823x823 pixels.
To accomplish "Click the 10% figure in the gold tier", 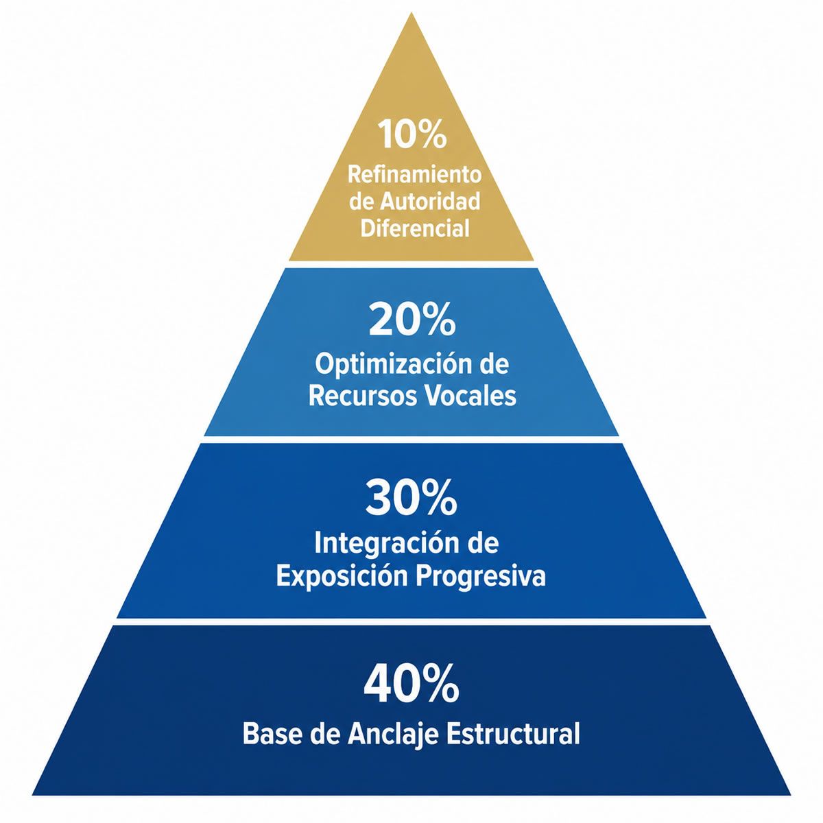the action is pos(413,134).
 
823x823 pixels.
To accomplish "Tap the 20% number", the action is pos(411,320).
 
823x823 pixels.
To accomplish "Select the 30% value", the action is pos(411,499).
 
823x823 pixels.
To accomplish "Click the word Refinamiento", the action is pos(414,175).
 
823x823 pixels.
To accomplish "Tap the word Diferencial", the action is pos(415,228).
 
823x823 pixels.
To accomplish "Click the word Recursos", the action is pos(363,396).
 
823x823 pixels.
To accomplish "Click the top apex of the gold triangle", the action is pos(411,13).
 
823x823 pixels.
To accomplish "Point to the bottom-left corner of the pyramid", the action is pos(32,796).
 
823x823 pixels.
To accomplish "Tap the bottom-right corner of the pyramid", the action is pos(791,796).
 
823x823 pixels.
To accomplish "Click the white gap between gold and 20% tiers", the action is pos(411,264).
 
